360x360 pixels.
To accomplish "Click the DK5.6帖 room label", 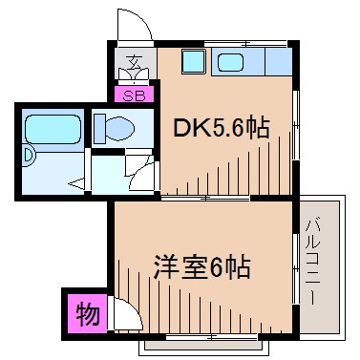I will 219,127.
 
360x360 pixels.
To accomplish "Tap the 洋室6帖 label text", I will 201,267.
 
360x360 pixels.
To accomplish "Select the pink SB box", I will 133,95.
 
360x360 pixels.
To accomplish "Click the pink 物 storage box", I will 86,314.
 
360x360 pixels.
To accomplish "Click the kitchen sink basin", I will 233,63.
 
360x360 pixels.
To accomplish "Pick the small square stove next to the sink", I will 194,62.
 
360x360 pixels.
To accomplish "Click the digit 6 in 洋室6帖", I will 219,267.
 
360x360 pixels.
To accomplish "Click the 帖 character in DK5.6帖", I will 256,127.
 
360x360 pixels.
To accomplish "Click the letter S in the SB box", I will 127,95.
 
